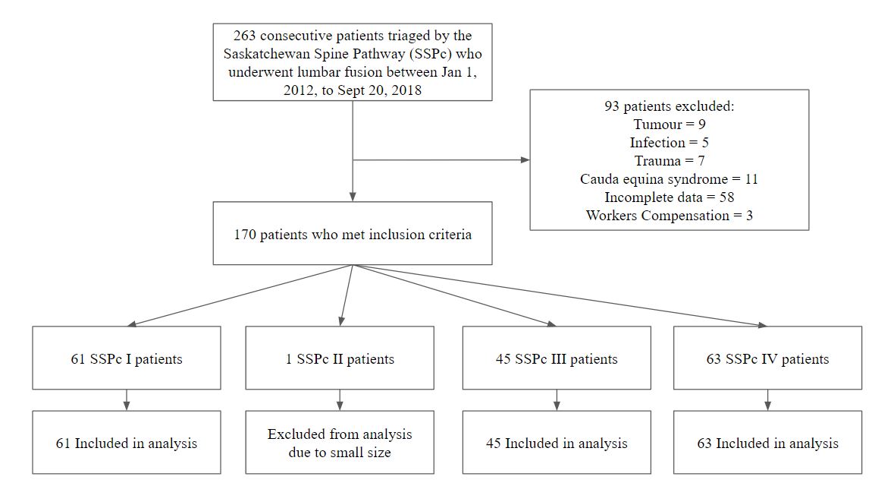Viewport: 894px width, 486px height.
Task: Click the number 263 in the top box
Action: (x=244, y=36)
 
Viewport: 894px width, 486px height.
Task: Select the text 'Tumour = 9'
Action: (x=670, y=125)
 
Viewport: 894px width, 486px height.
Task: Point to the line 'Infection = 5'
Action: (x=670, y=143)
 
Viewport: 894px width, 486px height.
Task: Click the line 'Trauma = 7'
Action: (x=670, y=161)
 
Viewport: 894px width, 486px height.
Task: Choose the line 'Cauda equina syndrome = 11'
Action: (x=670, y=179)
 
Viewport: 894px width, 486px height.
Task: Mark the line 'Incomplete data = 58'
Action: (x=670, y=197)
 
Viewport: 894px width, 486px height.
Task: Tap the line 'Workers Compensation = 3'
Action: (x=670, y=216)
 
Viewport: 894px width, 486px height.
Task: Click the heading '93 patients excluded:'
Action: (x=670, y=106)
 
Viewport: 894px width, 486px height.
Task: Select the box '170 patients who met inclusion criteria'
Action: (x=353, y=233)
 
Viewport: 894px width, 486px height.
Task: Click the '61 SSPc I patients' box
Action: (x=127, y=358)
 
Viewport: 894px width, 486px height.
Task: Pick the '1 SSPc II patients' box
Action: (x=340, y=358)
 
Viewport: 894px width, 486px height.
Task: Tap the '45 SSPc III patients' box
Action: (x=557, y=358)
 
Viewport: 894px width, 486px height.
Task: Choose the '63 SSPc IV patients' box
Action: (x=767, y=358)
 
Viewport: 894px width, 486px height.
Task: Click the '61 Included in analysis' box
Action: (x=127, y=442)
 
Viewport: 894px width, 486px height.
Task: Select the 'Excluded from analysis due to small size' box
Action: (x=340, y=442)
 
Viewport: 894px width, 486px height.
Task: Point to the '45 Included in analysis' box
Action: (x=557, y=442)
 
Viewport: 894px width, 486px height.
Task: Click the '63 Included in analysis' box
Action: (x=767, y=442)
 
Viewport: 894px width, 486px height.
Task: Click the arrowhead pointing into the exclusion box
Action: (x=525, y=160)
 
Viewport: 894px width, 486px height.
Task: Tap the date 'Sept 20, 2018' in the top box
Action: (x=379, y=90)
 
